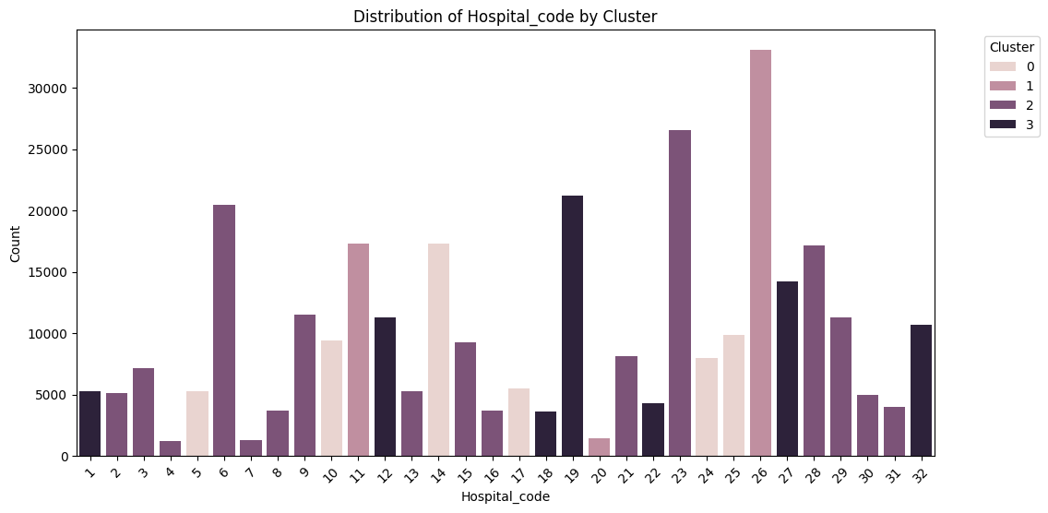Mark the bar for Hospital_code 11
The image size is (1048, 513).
pyautogui.click(x=358, y=350)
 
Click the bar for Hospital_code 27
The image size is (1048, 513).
pyautogui.click(x=787, y=369)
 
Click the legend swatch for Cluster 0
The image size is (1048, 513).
pyautogui.click(x=1002, y=66)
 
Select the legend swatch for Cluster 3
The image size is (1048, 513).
pyautogui.click(x=1002, y=126)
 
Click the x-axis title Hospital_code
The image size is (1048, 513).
pyautogui.click(x=505, y=497)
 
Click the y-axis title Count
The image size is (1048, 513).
pyautogui.click(x=16, y=243)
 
